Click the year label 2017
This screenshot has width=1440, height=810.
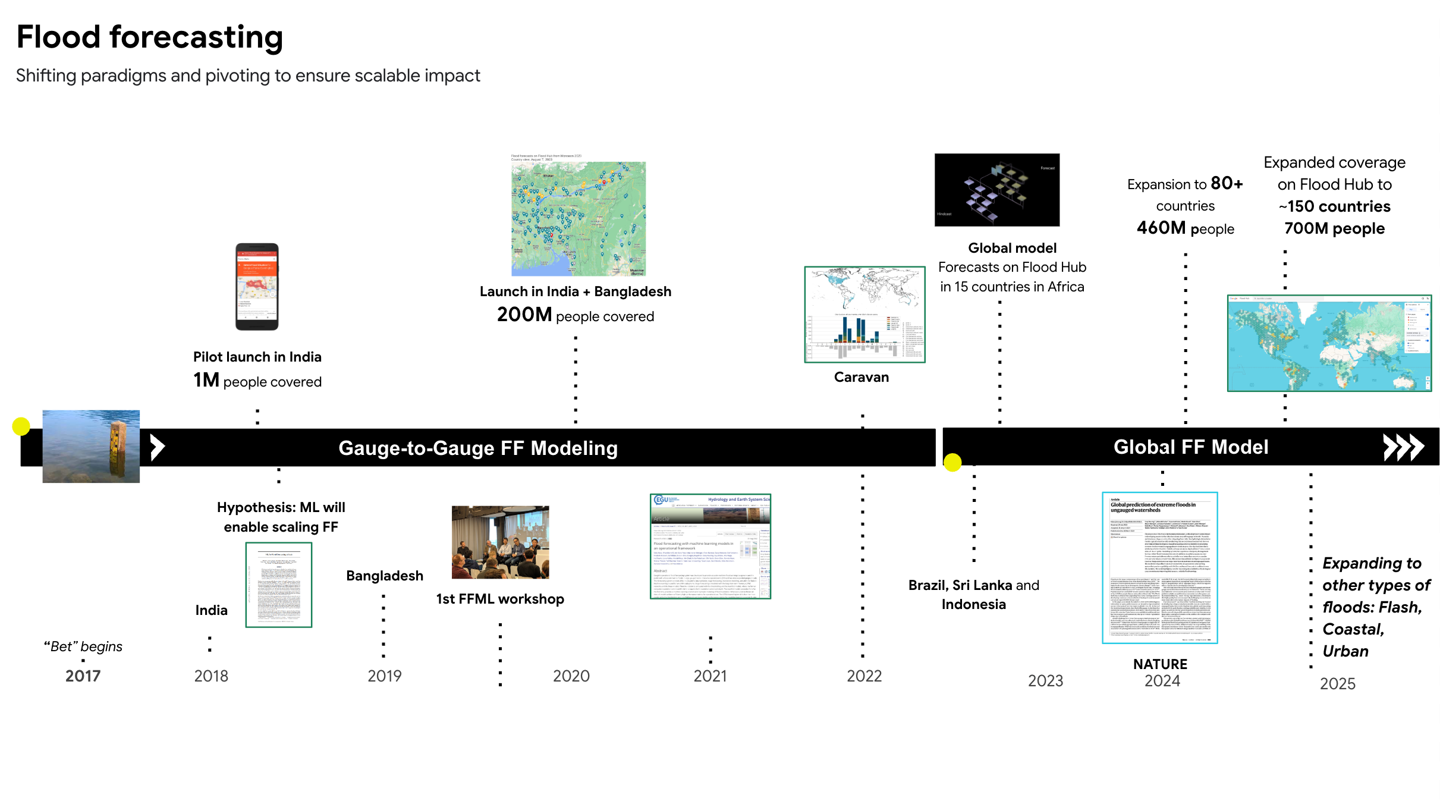83,676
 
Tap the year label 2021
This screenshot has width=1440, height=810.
710,676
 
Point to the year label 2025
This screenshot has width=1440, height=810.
1337,683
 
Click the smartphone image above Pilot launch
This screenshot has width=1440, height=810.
257,286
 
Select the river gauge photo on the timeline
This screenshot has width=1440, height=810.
91,446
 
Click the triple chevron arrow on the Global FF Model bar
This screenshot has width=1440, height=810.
1403,447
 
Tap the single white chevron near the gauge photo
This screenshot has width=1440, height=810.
157,447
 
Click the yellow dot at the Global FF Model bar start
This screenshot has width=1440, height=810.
952,462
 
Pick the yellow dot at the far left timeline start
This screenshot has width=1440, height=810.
21,426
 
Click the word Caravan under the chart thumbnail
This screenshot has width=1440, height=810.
861,377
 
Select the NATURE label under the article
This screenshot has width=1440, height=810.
1159,664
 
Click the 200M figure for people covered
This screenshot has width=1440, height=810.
524,315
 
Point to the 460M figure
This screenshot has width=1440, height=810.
1161,228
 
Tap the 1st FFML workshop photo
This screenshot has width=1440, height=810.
500,542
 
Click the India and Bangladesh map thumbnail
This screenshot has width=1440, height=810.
578,218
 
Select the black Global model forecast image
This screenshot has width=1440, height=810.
996,190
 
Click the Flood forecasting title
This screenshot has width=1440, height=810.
150,37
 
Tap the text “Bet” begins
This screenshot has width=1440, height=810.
83,646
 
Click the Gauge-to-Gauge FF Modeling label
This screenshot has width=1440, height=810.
478,448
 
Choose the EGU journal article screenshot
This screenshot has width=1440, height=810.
710,546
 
